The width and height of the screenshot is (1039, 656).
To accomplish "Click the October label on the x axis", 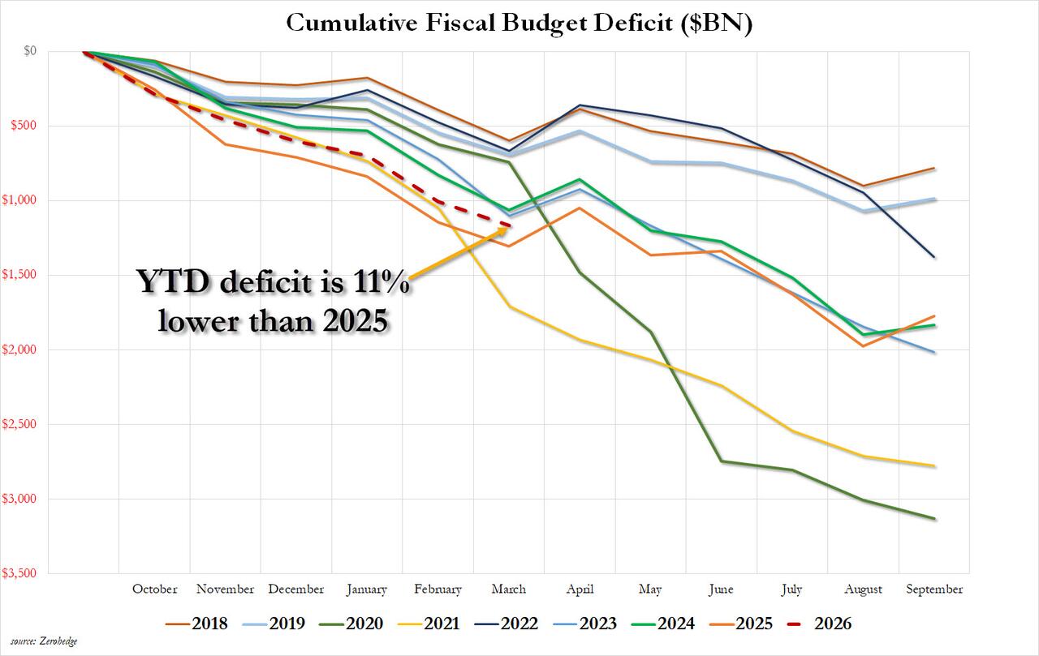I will click(154, 590).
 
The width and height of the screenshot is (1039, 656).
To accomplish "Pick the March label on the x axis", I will click(509, 590).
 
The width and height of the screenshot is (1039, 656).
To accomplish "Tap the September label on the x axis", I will click(933, 590).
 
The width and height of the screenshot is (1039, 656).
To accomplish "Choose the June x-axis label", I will click(721, 590).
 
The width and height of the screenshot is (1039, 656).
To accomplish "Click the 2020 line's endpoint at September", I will click(934, 519).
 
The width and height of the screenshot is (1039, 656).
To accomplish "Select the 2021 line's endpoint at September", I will click(934, 466).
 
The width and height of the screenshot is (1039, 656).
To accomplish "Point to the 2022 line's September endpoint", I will click(934, 257).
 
